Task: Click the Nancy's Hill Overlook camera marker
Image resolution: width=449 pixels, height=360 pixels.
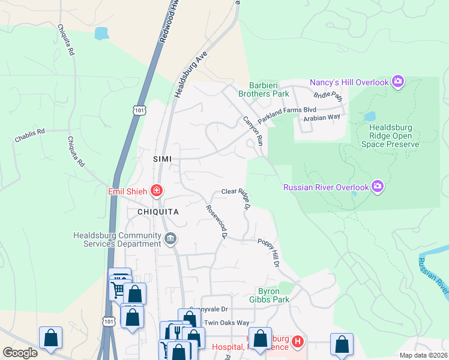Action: click(x=397, y=82)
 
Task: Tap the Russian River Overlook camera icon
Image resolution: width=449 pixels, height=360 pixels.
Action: click(x=378, y=187)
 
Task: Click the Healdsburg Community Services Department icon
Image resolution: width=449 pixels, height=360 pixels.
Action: click(x=170, y=240)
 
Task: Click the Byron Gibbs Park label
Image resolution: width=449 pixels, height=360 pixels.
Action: click(x=270, y=295)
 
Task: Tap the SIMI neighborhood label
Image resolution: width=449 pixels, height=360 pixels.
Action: click(x=162, y=159)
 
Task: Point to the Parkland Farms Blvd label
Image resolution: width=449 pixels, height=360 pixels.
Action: click(x=287, y=113)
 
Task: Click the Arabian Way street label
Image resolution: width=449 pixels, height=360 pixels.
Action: click(x=322, y=118)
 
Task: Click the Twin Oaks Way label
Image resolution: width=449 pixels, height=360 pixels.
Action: click(x=226, y=323)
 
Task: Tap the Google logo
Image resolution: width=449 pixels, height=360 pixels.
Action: click(x=20, y=353)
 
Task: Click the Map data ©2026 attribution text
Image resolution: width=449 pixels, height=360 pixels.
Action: click(x=423, y=355)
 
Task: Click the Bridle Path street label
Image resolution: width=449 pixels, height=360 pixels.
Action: click(x=328, y=95)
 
